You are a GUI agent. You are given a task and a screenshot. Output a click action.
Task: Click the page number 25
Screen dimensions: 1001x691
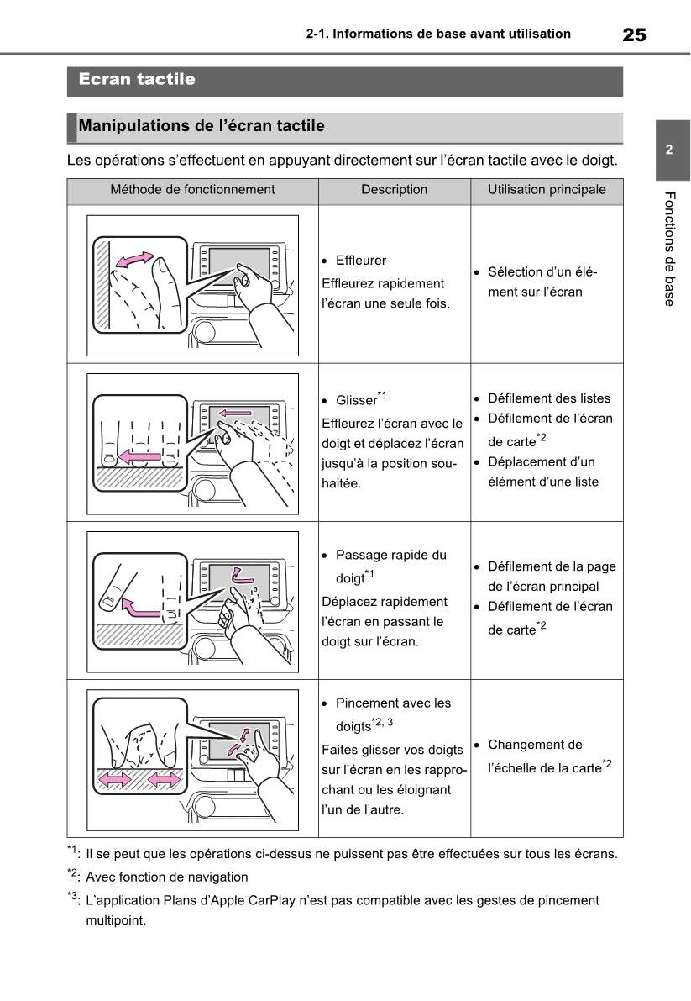634,34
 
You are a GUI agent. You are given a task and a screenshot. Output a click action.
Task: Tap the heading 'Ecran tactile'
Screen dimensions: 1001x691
137,80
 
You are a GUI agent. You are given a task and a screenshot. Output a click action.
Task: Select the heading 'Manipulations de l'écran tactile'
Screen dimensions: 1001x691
202,127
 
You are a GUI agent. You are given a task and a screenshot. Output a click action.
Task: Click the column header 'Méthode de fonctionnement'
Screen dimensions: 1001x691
192,190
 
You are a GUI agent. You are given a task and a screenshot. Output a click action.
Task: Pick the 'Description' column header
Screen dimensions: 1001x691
394,190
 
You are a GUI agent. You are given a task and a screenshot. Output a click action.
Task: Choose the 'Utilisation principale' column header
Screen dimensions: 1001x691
547,190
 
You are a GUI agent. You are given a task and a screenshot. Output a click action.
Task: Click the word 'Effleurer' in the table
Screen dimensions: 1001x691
361,261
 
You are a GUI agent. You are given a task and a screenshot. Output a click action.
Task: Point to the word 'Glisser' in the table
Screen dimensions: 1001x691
356,401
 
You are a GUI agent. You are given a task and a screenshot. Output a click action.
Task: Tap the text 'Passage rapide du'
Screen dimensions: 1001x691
391,556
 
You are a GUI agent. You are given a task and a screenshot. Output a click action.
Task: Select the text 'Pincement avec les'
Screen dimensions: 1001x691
393,703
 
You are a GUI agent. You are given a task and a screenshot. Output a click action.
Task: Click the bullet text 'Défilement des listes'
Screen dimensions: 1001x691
549,398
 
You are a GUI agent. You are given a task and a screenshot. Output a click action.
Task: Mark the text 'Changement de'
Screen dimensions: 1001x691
535,745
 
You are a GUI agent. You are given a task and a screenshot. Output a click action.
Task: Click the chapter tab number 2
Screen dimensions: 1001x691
669,151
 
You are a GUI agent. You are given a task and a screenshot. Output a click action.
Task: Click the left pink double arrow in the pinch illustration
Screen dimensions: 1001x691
115,781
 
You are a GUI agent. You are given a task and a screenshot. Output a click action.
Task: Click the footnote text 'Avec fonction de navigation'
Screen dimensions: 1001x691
167,877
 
